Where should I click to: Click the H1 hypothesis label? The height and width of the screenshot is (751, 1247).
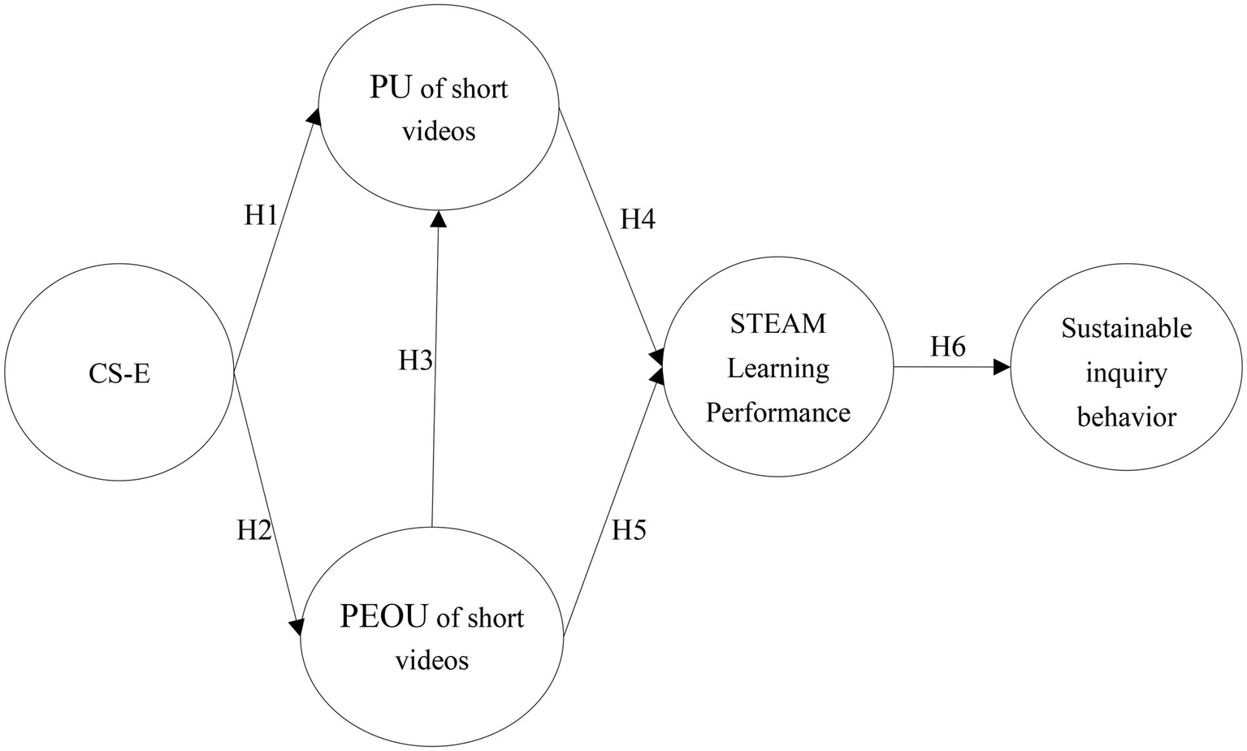[x=262, y=215]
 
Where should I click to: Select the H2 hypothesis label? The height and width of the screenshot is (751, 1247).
[x=253, y=530]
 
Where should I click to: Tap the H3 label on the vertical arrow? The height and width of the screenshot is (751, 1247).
[x=415, y=360]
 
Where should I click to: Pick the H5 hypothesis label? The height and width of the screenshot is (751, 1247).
[x=629, y=530]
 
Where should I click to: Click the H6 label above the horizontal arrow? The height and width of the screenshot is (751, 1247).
[x=947, y=347]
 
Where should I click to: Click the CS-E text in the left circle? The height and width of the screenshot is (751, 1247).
[x=119, y=374]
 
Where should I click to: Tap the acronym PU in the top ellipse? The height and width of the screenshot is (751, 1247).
[x=391, y=88]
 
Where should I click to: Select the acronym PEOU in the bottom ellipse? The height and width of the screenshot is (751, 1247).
[x=383, y=617]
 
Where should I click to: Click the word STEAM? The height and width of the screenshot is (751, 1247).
[x=777, y=323]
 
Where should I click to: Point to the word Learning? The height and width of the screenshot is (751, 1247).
[x=777, y=368]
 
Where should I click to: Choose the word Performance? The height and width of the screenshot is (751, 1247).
[x=777, y=412]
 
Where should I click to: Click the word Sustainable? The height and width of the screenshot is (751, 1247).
[x=1126, y=328]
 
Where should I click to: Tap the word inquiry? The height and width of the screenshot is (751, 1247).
[x=1126, y=373]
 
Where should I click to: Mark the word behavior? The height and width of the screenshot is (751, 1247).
[x=1126, y=417]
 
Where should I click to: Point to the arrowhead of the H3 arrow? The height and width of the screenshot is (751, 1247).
[x=438, y=218]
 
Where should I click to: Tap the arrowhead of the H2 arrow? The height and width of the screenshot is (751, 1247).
[x=297, y=627]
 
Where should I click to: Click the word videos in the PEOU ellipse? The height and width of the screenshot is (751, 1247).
[x=431, y=660]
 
